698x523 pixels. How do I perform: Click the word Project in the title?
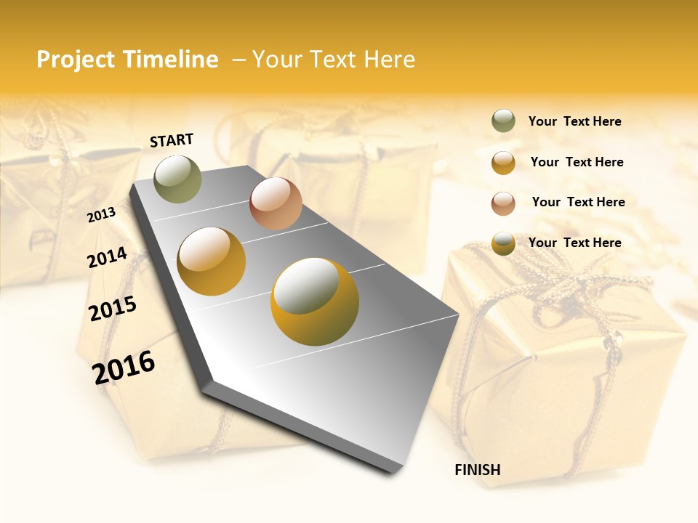click(76, 60)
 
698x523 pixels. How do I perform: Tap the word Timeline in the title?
click(169, 60)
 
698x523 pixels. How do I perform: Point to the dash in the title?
click(238, 60)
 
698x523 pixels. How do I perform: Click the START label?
click(172, 140)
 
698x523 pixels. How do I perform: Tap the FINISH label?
click(477, 470)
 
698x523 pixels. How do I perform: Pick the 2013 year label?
click(101, 214)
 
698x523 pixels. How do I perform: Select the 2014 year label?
click(107, 257)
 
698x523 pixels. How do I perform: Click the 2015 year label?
click(113, 309)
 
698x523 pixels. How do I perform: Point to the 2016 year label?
click(124, 367)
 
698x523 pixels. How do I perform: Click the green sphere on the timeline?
click(177, 179)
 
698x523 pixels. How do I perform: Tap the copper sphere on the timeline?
click(276, 203)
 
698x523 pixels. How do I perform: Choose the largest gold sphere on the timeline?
click(314, 301)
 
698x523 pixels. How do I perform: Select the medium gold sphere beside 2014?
click(212, 261)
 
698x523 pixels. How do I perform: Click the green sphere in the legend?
click(503, 121)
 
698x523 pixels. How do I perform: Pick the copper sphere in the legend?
click(503, 203)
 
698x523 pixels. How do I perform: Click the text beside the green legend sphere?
click(574, 122)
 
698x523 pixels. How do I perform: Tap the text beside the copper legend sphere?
click(578, 202)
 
